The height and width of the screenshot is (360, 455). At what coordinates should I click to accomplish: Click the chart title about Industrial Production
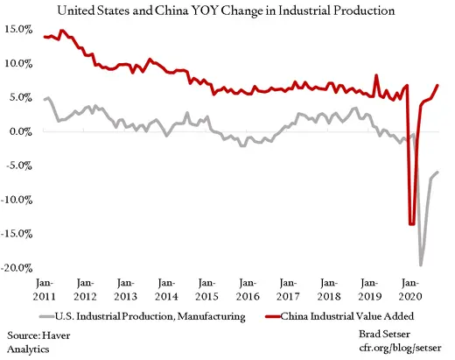tap(227, 11)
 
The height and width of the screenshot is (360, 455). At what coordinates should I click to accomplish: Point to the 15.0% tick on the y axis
tap(19, 29)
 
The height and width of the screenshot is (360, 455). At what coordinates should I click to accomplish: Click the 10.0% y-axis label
tap(19, 63)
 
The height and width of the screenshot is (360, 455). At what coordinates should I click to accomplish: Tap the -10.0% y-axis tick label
tap(17, 200)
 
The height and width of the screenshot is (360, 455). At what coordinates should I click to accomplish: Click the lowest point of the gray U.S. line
tap(421, 265)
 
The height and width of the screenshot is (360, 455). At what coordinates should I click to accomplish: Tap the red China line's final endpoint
tap(438, 85)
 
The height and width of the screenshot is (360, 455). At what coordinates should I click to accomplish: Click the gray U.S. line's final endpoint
tap(438, 172)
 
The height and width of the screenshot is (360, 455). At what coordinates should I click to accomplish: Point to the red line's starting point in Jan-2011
tap(45, 37)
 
